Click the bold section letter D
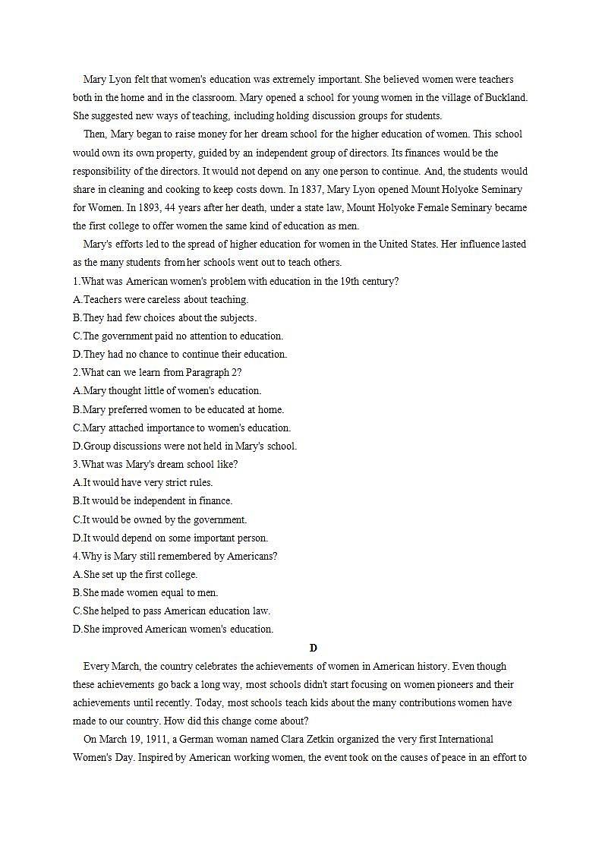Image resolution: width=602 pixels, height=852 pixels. [x=313, y=648]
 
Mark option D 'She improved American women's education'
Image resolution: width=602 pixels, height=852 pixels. [x=173, y=629]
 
